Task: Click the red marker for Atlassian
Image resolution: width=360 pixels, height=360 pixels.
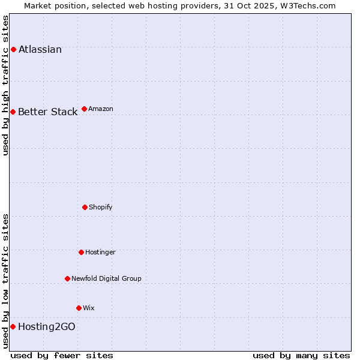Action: click(13, 49)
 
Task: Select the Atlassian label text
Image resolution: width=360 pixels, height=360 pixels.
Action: click(40, 50)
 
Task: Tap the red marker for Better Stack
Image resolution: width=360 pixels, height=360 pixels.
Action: click(13, 112)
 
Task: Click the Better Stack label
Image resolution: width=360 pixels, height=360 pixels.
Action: click(48, 112)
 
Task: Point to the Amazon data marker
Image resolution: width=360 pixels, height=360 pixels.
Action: click(84, 109)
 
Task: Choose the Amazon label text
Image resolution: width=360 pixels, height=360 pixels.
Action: click(101, 109)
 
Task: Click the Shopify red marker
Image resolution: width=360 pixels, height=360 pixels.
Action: click(85, 207)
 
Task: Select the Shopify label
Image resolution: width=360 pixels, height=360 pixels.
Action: click(101, 208)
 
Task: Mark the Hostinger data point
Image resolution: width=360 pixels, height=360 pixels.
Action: click(81, 252)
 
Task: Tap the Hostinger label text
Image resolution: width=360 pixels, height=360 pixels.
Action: click(100, 253)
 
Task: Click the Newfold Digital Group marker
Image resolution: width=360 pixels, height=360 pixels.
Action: click(67, 278)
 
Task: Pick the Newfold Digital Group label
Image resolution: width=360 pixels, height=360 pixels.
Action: click(107, 279)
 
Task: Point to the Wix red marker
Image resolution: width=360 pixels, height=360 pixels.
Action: click(79, 308)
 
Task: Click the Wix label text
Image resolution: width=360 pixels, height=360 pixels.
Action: click(89, 308)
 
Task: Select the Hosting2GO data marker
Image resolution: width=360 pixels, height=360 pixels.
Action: click(13, 326)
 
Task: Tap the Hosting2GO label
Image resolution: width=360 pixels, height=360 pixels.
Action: click(47, 327)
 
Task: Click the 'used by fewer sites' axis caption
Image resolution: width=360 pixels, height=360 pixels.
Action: click(62, 355)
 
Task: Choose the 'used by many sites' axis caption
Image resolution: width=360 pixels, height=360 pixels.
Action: click(301, 355)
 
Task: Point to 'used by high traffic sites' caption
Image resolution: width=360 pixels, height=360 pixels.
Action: click(6, 85)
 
